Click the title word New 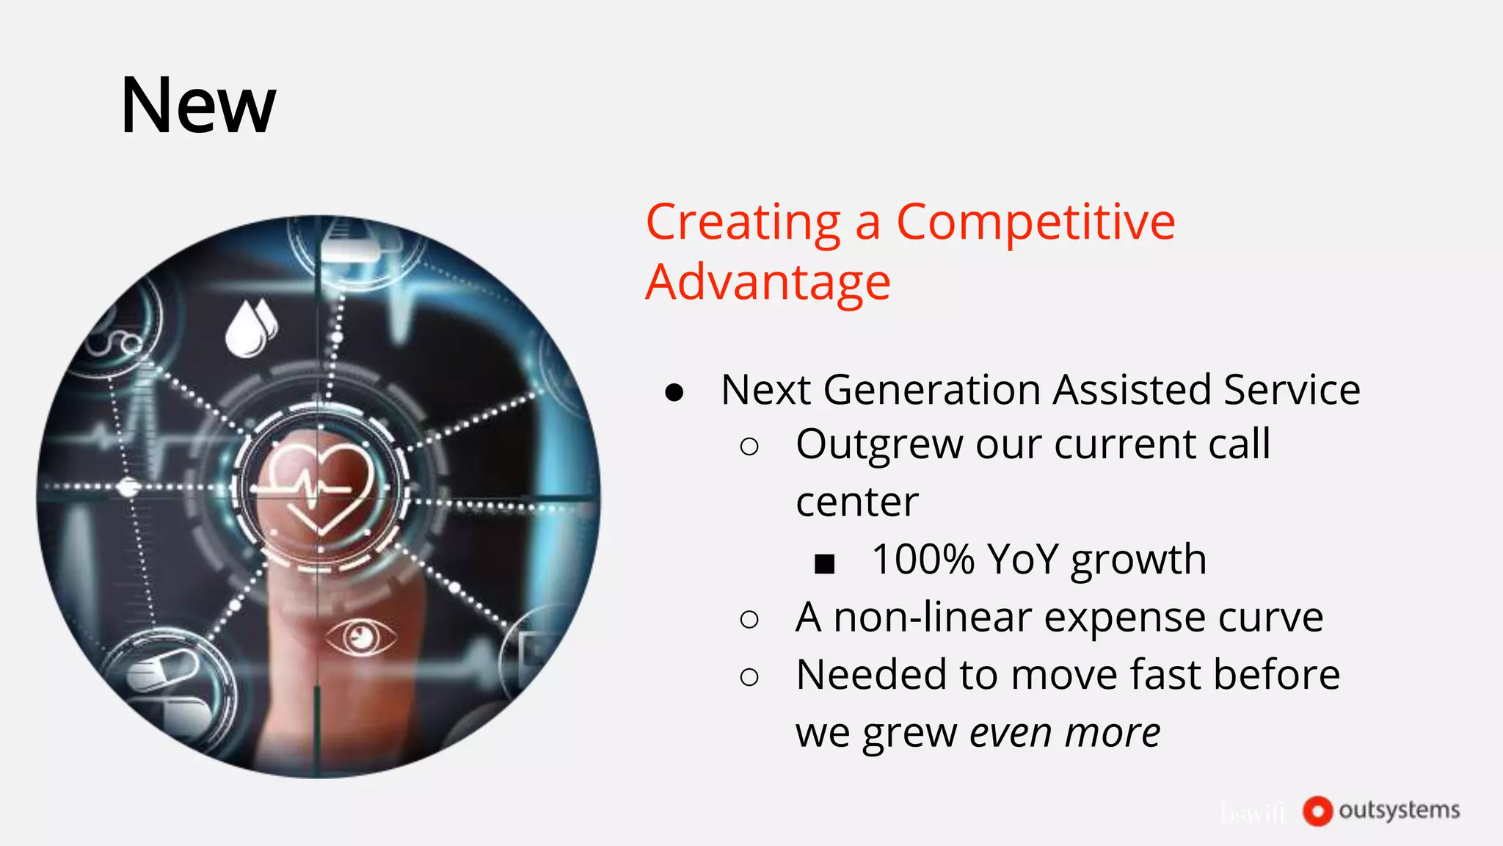coord(198,106)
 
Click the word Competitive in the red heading coord(1036,222)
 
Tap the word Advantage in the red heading coord(768,283)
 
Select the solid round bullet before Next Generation coord(674,393)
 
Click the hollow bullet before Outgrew coord(749,446)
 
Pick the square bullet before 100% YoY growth coord(825,564)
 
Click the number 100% coord(922,560)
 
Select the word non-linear coord(932,617)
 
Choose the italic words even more coord(1065,733)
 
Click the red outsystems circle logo coord(1317,811)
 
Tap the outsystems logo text coord(1399,810)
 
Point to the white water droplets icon coord(250,328)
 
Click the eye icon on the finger coord(360,636)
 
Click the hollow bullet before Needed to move coord(749,677)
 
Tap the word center coord(856,503)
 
